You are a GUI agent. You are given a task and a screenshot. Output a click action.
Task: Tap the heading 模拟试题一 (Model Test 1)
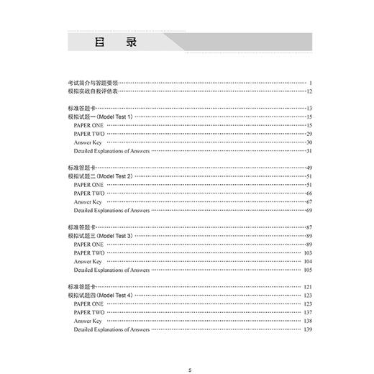[x=100, y=116]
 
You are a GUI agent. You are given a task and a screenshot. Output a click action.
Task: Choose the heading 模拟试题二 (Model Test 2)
[x=100, y=176]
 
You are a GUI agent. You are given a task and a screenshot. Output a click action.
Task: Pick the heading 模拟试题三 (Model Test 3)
[x=100, y=236]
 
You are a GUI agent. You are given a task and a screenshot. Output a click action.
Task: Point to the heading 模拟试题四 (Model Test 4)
[x=100, y=296]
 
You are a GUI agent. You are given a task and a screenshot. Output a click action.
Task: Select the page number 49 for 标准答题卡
[x=309, y=168]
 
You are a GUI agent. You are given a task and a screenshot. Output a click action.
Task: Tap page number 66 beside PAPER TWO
[x=309, y=193]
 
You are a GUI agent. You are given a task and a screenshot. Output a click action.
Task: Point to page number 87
[x=309, y=227]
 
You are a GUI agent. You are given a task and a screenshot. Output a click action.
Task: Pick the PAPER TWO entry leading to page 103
[x=89, y=253]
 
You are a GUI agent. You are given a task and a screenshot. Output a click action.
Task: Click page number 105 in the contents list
[x=307, y=270]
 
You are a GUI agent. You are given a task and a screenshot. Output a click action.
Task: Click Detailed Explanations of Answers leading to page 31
[x=111, y=150]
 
